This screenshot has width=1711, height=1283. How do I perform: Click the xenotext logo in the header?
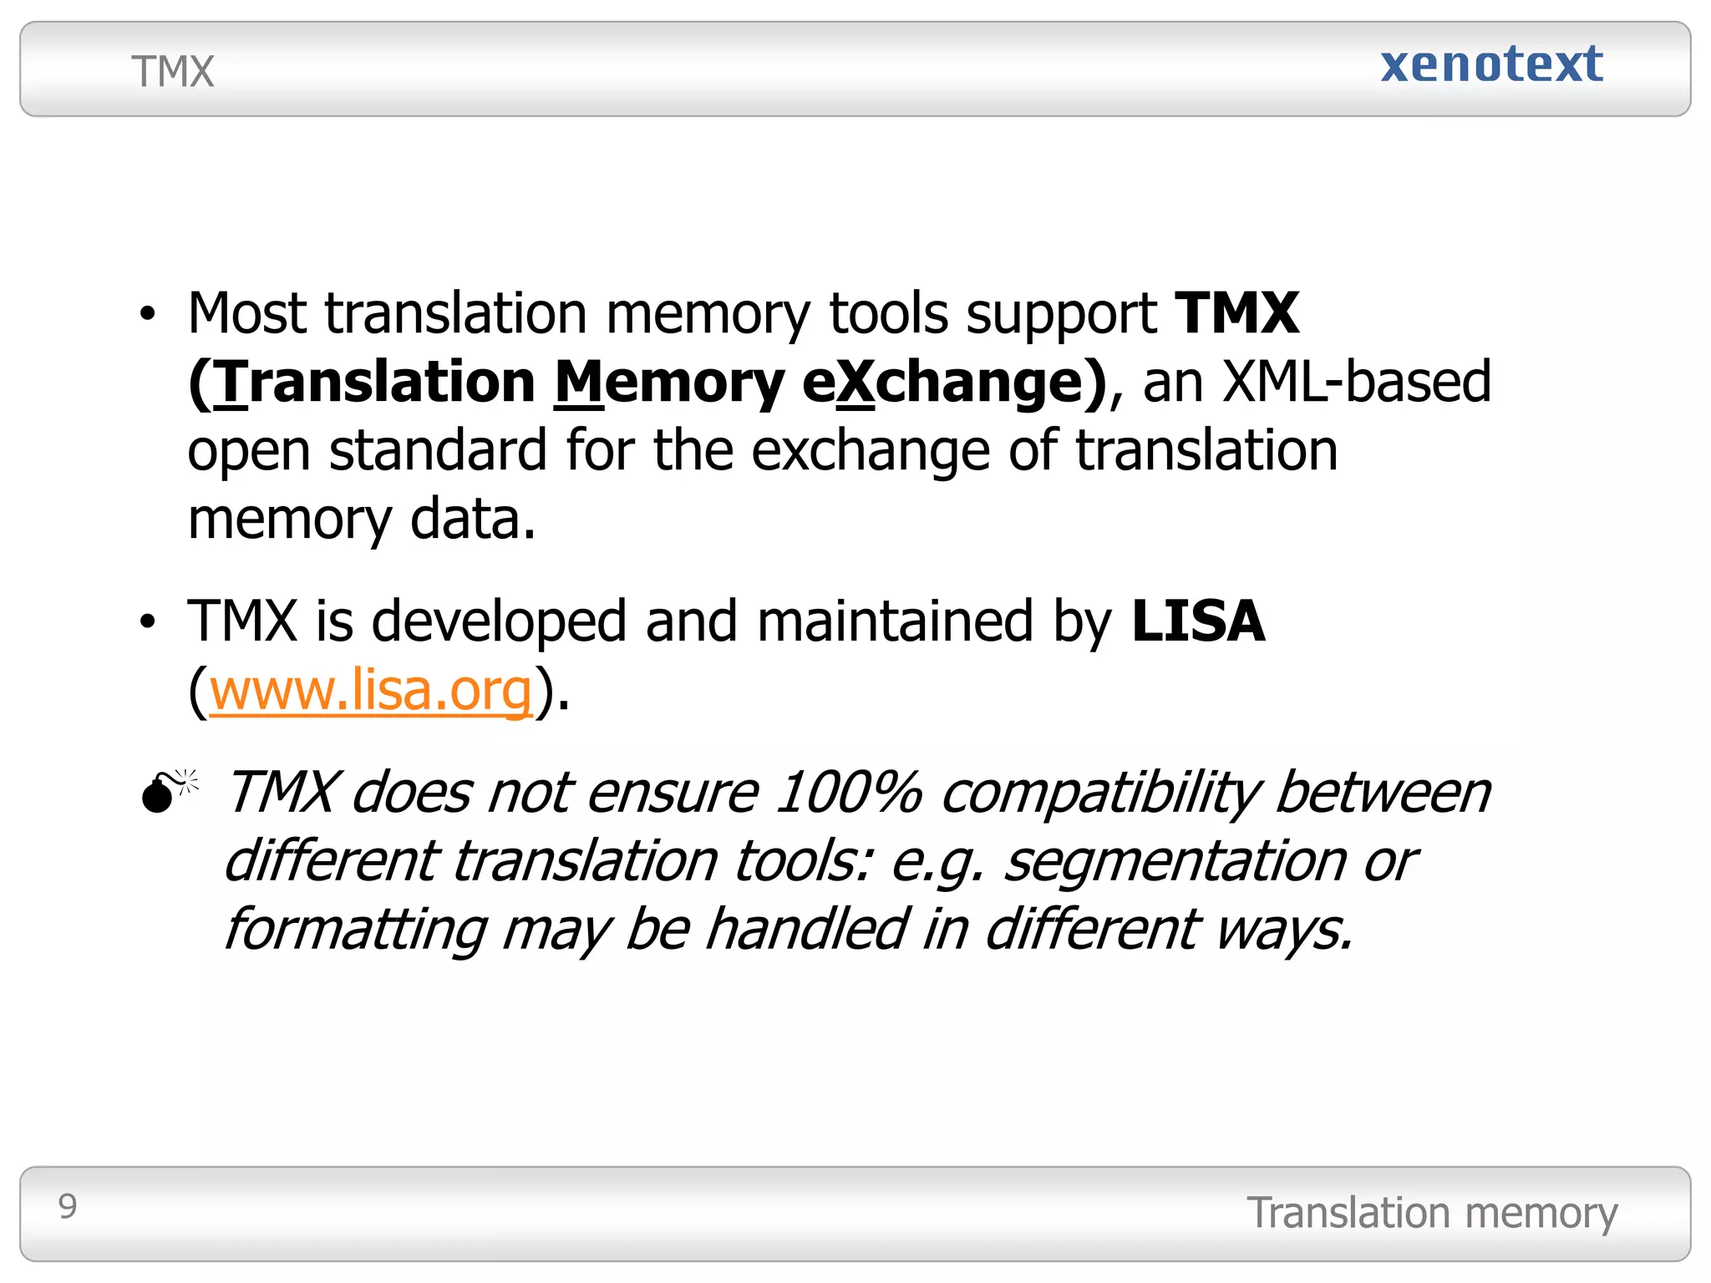coord(1491,64)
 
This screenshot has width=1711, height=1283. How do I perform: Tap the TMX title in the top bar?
coord(173,72)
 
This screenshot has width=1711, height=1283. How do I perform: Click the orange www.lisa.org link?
coord(371,691)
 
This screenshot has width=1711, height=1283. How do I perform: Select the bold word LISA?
coord(1198,621)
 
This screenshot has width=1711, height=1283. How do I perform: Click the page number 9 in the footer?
coord(68,1206)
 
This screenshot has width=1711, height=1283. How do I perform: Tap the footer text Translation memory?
coord(1432,1213)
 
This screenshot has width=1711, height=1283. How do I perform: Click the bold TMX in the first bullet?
coord(1237,313)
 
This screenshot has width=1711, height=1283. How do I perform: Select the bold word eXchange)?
coord(955,382)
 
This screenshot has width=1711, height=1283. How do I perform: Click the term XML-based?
coord(1356,382)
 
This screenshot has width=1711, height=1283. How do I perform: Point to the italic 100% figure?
coord(848,792)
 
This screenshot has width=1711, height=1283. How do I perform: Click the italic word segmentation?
coord(1174,861)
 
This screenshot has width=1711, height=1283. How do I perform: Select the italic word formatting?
coord(356,931)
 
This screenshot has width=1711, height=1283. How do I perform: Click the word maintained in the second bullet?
coord(896,621)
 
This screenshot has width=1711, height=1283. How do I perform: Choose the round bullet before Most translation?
coord(148,315)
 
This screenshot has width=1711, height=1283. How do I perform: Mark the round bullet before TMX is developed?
coord(148,622)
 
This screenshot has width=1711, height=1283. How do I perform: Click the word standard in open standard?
coord(438,451)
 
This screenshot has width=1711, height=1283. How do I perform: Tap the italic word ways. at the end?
coord(1283,930)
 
